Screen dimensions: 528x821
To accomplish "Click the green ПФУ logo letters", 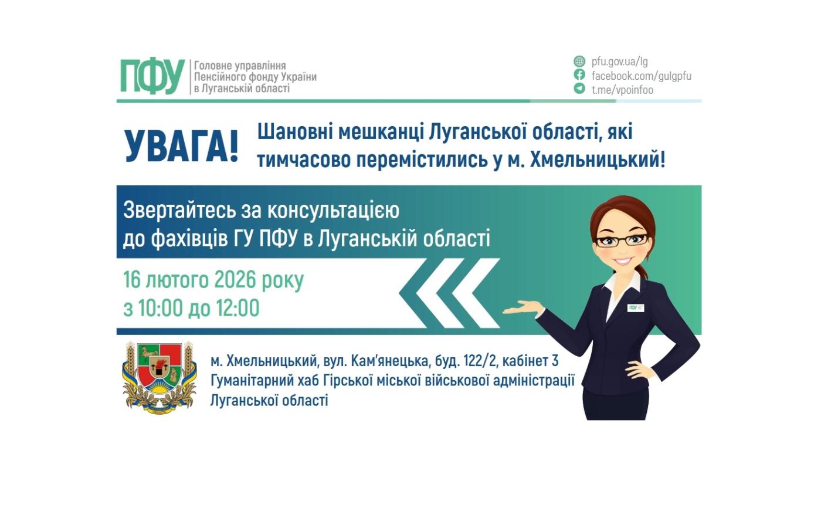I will [x=152, y=77].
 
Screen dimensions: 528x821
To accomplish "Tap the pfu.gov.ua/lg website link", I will [x=619, y=62].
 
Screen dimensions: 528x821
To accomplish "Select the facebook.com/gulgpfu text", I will [x=641, y=76].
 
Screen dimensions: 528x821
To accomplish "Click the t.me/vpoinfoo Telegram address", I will [x=622, y=90].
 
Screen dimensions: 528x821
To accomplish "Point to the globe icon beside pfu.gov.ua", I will [x=579, y=62].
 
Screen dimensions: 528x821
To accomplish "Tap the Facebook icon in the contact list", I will [x=579, y=75].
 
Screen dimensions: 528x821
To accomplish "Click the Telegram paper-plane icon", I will [x=579, y=89].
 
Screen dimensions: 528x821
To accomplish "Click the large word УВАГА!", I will [x=181, y=146].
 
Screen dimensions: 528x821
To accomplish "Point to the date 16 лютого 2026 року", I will [x=213, y=280].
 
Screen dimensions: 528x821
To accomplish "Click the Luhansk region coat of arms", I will [x=160, y=378].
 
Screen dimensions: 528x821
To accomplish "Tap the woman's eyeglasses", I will [x=621, y=240].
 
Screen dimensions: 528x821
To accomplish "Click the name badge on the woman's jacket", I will [x=636, y=307].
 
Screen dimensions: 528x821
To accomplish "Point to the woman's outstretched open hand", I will [x=522, y=307].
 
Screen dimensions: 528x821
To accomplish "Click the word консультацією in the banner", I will [x=333, y=210].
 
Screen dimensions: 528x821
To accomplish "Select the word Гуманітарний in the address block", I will [x=252, y=380].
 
